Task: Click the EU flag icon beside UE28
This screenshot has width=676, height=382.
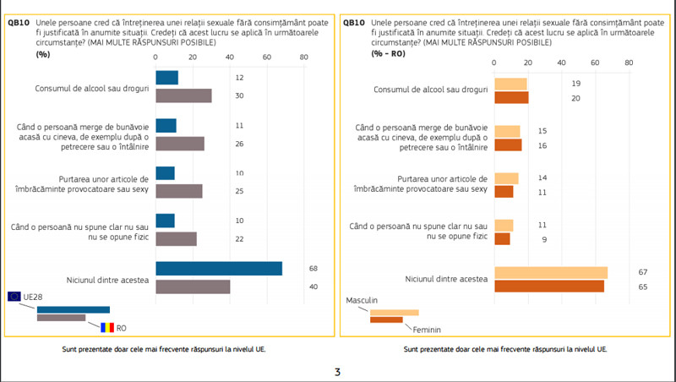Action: pyautogui.click(x=14, y=296)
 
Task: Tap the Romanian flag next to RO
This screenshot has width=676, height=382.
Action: pyautogui.click(x=106, y=327)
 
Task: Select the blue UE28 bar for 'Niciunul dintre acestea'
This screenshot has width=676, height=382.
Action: pyautogui.click(x=219, y=269)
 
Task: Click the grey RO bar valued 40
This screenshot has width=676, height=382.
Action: pyautogui.click(x=194, y=287)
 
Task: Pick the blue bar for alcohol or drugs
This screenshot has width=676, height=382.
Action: pyautogui.click(x=167, y=78)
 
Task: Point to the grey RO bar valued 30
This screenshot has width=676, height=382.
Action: pyautogui.click(x=184, y=95)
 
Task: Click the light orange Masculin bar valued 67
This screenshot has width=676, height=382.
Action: pyautogui.click(x=551, y=272)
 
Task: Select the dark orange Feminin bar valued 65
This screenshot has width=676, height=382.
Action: pyautogui.click(x=549, y=286)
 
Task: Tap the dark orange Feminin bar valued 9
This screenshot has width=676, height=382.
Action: pyautogui.click(x=502, y=239)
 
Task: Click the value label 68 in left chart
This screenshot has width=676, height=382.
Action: pyautogui.click(x=313, y=269)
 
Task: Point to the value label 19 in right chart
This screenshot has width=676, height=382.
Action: pyautogui.click(x=576, y=84)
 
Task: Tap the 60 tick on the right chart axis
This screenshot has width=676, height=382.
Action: pyautogui.click(x=595, y=63)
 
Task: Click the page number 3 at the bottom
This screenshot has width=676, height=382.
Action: pyautogui.click(x=337, y=371)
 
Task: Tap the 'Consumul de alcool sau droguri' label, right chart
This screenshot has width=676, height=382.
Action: pyautogui.click(x=430, y=90)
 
